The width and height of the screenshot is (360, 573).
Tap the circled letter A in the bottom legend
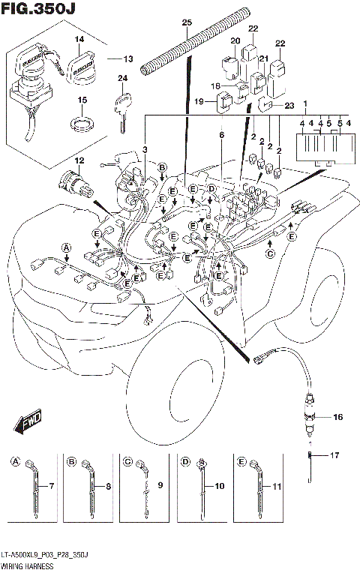coord(16,462)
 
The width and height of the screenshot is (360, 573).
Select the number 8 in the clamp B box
coord(109,487)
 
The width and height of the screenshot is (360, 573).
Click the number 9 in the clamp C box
coord(161,487)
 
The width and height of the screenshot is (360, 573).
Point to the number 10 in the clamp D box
coord(219,487)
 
